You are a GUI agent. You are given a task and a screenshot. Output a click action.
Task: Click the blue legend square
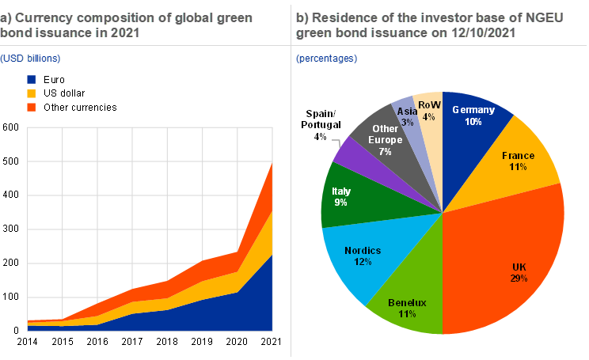tap(31, 80)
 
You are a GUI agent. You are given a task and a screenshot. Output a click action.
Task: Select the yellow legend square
tap(31, 93)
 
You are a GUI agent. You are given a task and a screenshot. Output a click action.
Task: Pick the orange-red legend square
tap(31, 107)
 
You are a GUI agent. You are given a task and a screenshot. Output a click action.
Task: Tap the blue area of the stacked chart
tap(237, 313)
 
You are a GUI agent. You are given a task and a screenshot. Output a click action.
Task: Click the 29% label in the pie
tap(519, 278)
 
